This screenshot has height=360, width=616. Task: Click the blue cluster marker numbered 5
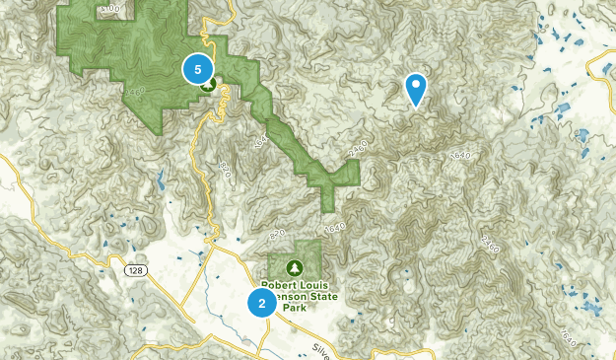[198, 69]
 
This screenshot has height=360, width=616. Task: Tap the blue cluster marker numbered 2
[262, 303]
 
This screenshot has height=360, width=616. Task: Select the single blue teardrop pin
[417, 88]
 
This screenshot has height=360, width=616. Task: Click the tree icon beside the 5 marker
[209, 85]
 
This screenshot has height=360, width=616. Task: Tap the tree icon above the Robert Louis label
[295, 266]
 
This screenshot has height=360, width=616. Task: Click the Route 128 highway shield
[133, 269]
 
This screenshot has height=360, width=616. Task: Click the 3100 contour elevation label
[108, 8]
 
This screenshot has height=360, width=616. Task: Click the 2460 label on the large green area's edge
[136, 91]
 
